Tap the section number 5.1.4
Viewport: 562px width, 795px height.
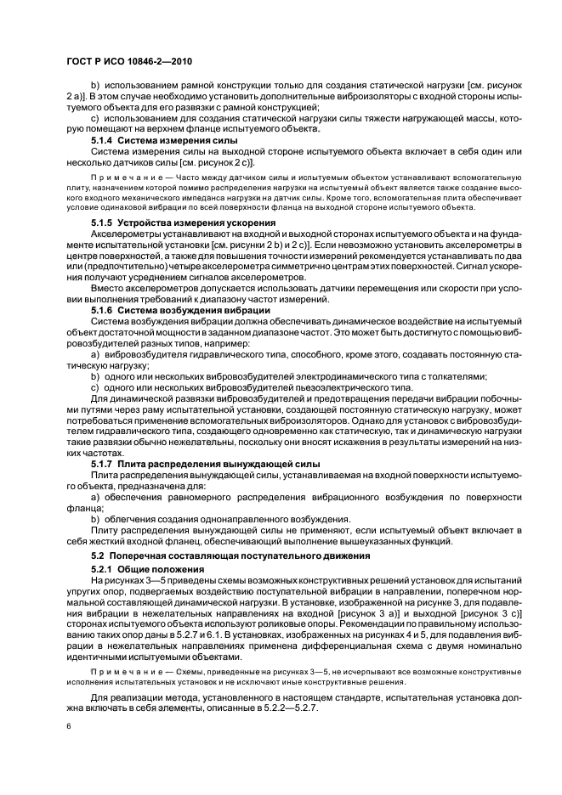102,138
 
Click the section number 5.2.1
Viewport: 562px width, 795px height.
102,567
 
